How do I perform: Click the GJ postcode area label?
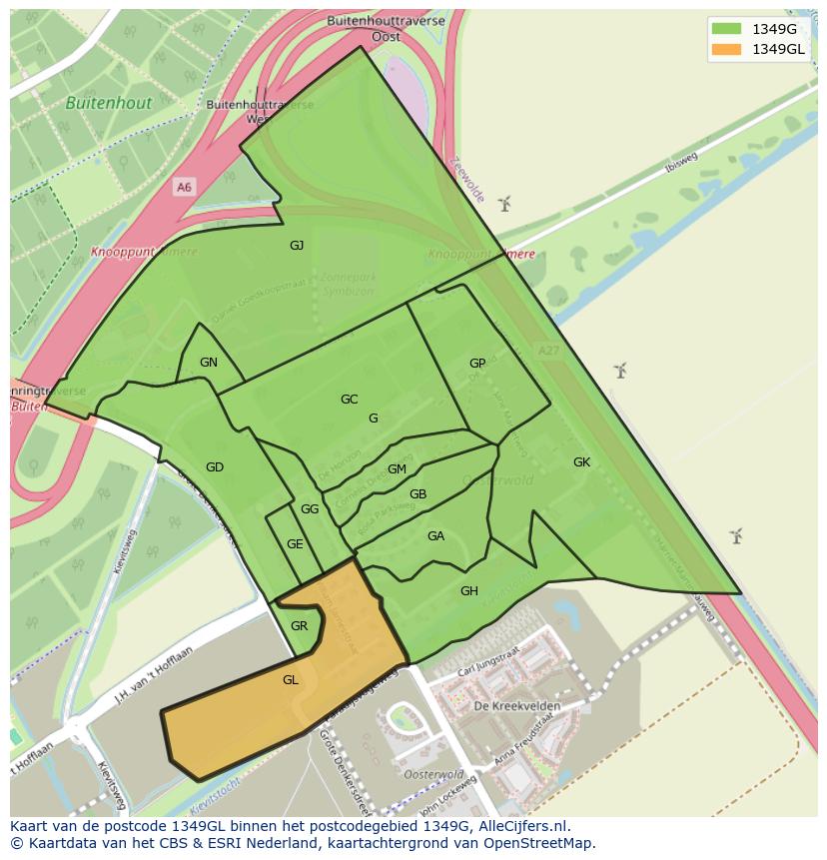[297, 246]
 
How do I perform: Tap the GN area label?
[208, 363]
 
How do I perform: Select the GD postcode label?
[215, 467]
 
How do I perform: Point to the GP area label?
[477, 364]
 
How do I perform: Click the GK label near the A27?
[581, 462]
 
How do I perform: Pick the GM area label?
[397, 469]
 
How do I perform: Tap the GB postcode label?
[418, 494]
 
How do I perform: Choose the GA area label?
[435, 536]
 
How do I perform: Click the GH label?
[468, 591]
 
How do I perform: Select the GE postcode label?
[295, 544]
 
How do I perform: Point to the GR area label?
[299, 626]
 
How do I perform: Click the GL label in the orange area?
[291, 680]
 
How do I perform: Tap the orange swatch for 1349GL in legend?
[727, 50]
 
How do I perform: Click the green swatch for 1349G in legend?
[727, 29]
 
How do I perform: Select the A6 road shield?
[184, 188]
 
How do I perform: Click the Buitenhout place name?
[109, 103]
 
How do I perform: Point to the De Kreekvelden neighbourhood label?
[516, 706]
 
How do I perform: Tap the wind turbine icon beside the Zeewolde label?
[504, 204]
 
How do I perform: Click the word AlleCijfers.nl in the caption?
[520, 826]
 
